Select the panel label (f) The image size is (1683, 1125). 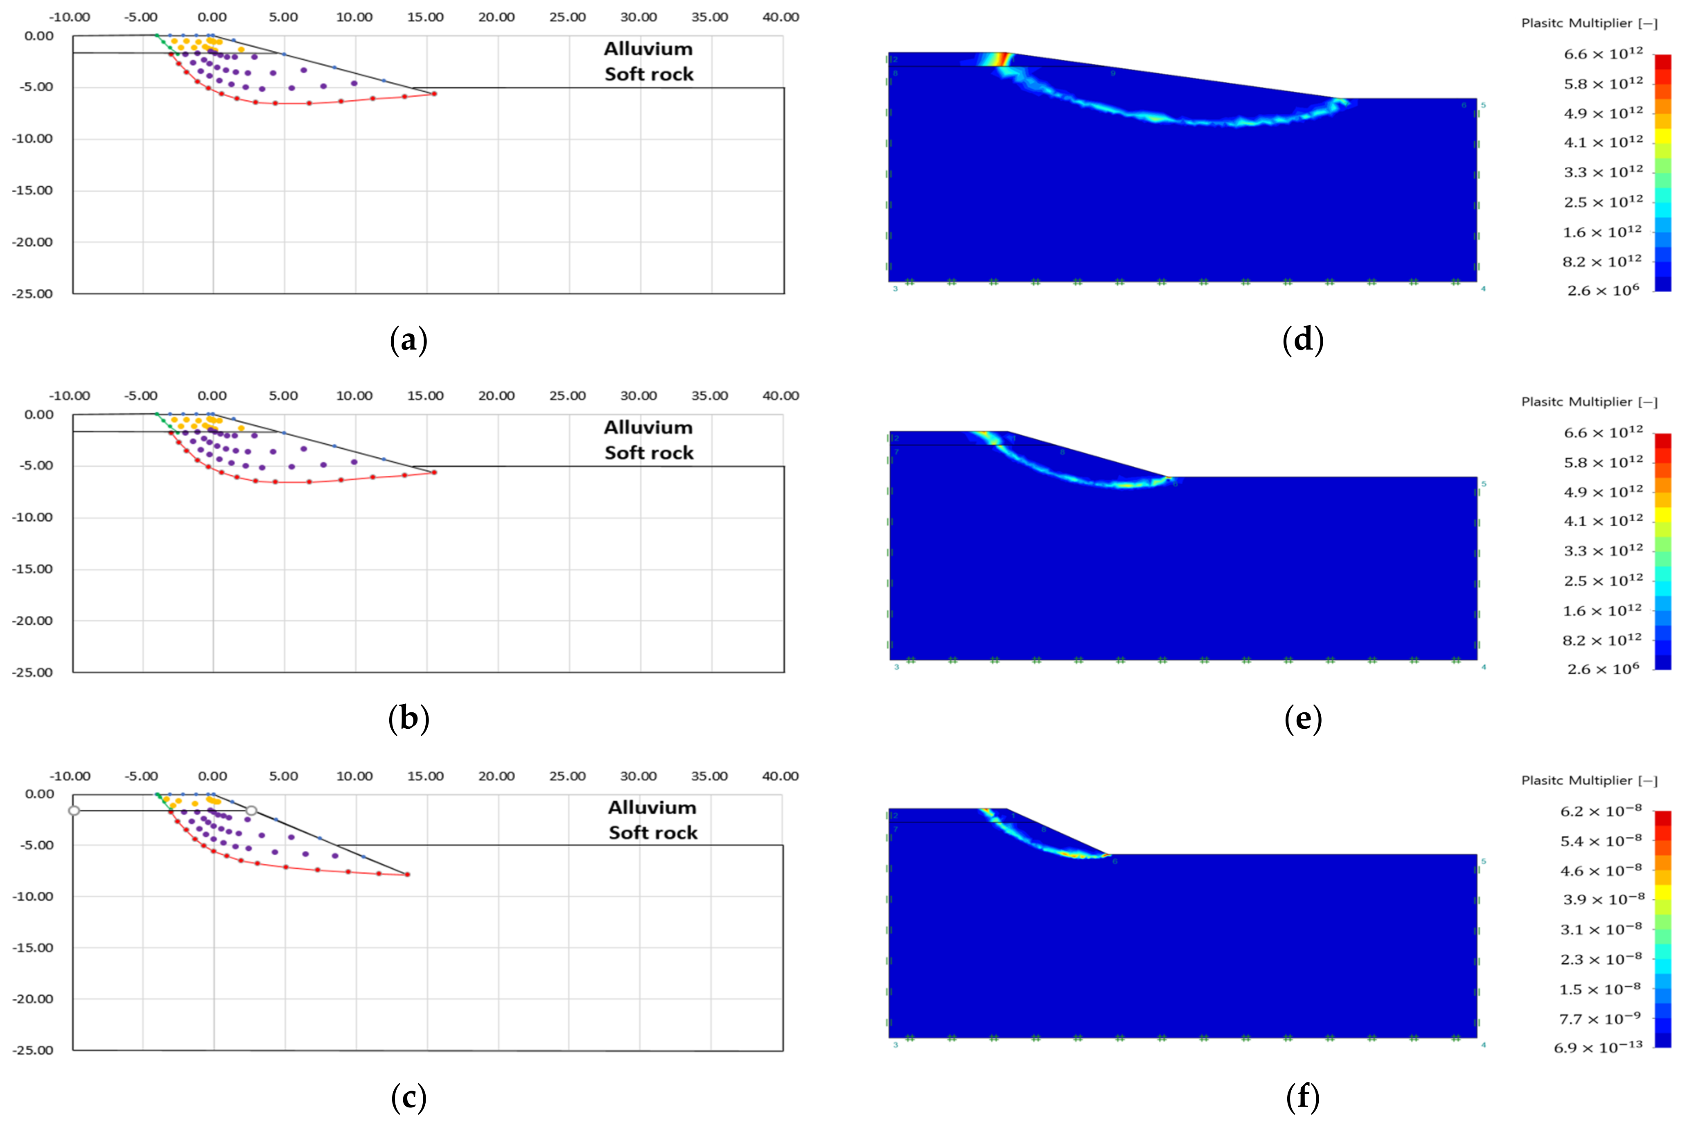[1302, 1097]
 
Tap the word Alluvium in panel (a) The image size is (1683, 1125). [648, 49]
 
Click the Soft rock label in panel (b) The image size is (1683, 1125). [649, 453]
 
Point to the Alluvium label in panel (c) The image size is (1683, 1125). [652, 807]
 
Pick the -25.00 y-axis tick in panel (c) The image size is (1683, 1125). [34, 1050]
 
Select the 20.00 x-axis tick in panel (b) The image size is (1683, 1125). [496, 395]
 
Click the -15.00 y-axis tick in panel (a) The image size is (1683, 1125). [34, 190]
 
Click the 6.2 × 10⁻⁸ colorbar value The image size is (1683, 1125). [1601, 811]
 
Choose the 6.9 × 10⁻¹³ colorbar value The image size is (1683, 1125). [1598, 1048]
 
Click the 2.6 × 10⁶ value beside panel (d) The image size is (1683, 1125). [1603, 291]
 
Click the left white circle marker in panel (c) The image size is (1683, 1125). [74, 810]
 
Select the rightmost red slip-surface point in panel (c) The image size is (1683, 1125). [407, 874]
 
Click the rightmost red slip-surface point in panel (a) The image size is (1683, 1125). [434, 93]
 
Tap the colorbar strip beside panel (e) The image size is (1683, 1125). [1663, 551]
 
